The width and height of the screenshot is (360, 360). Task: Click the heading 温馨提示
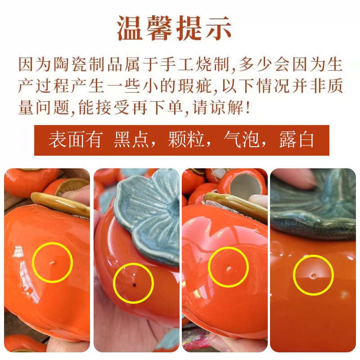click(174, 28)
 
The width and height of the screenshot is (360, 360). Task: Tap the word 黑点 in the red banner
click(131, 139)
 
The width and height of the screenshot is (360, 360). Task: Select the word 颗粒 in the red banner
click(186, 139)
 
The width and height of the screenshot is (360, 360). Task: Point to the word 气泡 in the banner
click(241, 139)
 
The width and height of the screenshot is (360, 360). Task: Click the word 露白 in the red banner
click(297, 139)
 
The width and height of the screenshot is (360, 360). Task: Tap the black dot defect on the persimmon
click(134, 285)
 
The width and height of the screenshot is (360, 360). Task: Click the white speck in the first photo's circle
click(52, 263)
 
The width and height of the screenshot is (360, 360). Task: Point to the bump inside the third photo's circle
click(229, 268)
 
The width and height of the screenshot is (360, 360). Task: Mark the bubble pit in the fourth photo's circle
click(313, 275)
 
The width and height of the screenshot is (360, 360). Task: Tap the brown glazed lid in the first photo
click(60, 204)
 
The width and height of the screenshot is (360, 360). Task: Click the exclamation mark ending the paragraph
click(247, 107)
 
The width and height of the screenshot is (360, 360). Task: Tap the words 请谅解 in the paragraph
click(218, 107)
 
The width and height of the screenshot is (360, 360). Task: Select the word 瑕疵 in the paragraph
click(195, 85)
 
